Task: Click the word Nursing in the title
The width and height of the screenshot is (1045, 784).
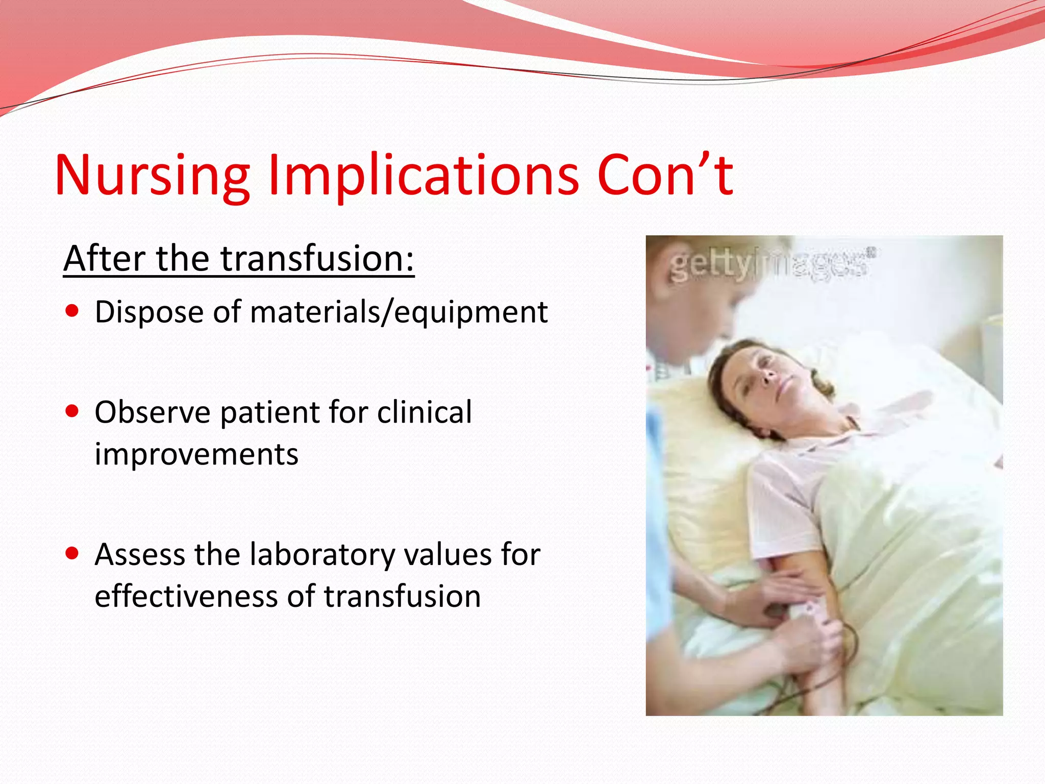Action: pos(152,176)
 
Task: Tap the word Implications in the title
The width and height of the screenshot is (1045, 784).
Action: pos(424,176)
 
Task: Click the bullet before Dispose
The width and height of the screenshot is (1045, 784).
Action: pos(72,311)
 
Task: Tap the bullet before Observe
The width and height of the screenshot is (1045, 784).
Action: pos(72,411)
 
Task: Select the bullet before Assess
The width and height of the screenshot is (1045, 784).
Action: pos(72,553)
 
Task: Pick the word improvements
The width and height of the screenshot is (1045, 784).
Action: pos(196,454)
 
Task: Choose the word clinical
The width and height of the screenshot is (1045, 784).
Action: pos(424,412)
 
